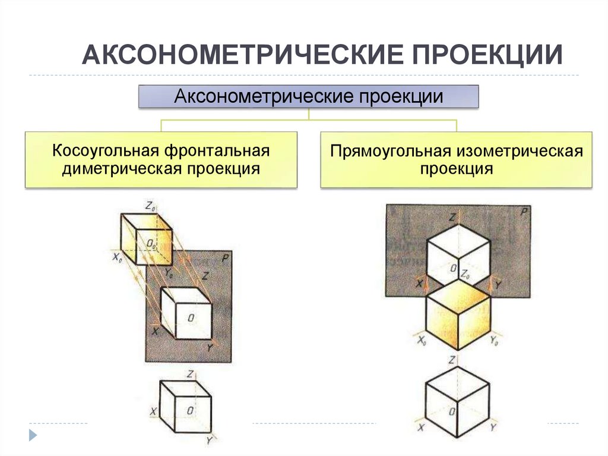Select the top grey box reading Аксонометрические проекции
308,96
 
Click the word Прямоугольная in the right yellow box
392,150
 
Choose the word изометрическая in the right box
520,150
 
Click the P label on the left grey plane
224,257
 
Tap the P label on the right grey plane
523,212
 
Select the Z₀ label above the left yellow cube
150,206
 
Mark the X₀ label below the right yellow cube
422,341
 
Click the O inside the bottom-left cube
189,410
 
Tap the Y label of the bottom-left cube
208,441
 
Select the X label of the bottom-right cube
421,427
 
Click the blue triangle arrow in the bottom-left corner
33,435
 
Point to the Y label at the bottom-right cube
493,427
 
